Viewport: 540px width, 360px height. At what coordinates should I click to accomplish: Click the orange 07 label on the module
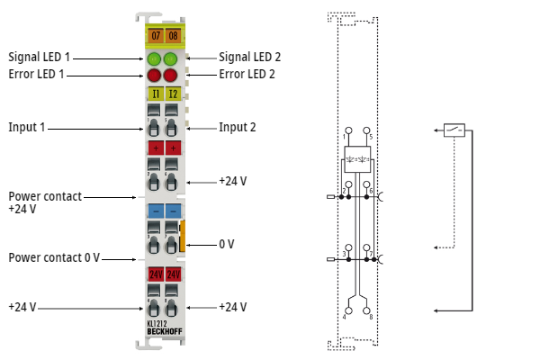[155, 36]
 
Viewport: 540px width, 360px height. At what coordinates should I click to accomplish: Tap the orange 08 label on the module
[173, 36]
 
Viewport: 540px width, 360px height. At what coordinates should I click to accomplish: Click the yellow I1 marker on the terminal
[155, 93]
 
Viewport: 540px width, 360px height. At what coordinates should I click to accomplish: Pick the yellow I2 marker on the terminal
[172, 93]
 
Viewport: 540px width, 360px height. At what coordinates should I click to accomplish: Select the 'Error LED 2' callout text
[247, 74]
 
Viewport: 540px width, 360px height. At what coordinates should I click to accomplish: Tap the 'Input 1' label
[26, 127]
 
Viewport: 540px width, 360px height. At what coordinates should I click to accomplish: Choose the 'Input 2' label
[238, 127]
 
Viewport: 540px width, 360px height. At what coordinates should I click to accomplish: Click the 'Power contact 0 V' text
[53, 257]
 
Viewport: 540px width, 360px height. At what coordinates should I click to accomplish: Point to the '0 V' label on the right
[227, 244]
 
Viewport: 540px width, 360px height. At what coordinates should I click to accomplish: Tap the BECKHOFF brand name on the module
[164, 333]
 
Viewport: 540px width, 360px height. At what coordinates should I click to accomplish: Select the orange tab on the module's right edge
[183, 236]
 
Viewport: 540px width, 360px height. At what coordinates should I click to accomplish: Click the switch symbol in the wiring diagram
[455, 130]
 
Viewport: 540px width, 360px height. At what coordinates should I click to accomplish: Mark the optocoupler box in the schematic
[357, 160]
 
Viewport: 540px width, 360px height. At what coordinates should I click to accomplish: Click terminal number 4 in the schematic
[345, 315]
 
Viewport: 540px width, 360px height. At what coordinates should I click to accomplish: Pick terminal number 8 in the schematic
[371, 315]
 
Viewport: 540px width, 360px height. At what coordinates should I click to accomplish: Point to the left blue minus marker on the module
[155, 210]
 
